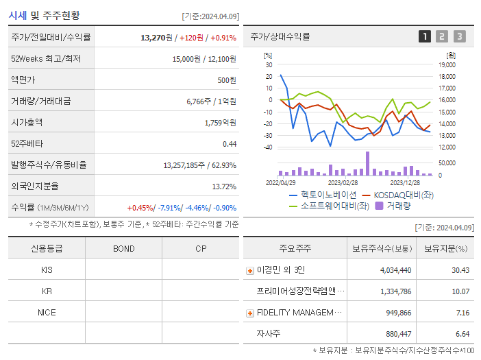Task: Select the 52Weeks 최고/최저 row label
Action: pos(46,59)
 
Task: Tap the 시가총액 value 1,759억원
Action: pos(220,123)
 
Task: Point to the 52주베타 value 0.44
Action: pos(229,144)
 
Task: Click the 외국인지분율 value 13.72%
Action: pos(224,187)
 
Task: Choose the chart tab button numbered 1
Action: pos(425,36)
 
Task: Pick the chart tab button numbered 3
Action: pos(459,36)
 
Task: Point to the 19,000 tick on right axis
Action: pos(447,64)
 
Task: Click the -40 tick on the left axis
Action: pos(267,147)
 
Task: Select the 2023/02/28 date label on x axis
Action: pos(343,183)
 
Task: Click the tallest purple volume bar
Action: pos(367,163)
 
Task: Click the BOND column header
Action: pos(123,248)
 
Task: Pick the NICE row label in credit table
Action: pos(47,312)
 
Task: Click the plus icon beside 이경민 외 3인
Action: pos(249,270)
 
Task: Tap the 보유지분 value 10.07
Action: pos(461,291)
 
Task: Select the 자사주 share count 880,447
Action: pos(395,334)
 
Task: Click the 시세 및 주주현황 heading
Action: pos(43,15)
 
